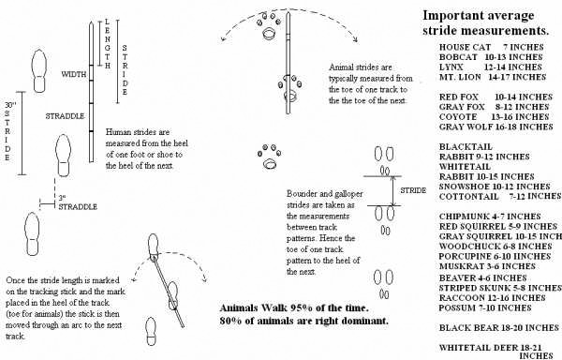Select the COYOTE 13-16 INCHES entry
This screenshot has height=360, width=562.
491,114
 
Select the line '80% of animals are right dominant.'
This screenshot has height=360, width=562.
290,322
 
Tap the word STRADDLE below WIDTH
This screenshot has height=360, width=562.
66,116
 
